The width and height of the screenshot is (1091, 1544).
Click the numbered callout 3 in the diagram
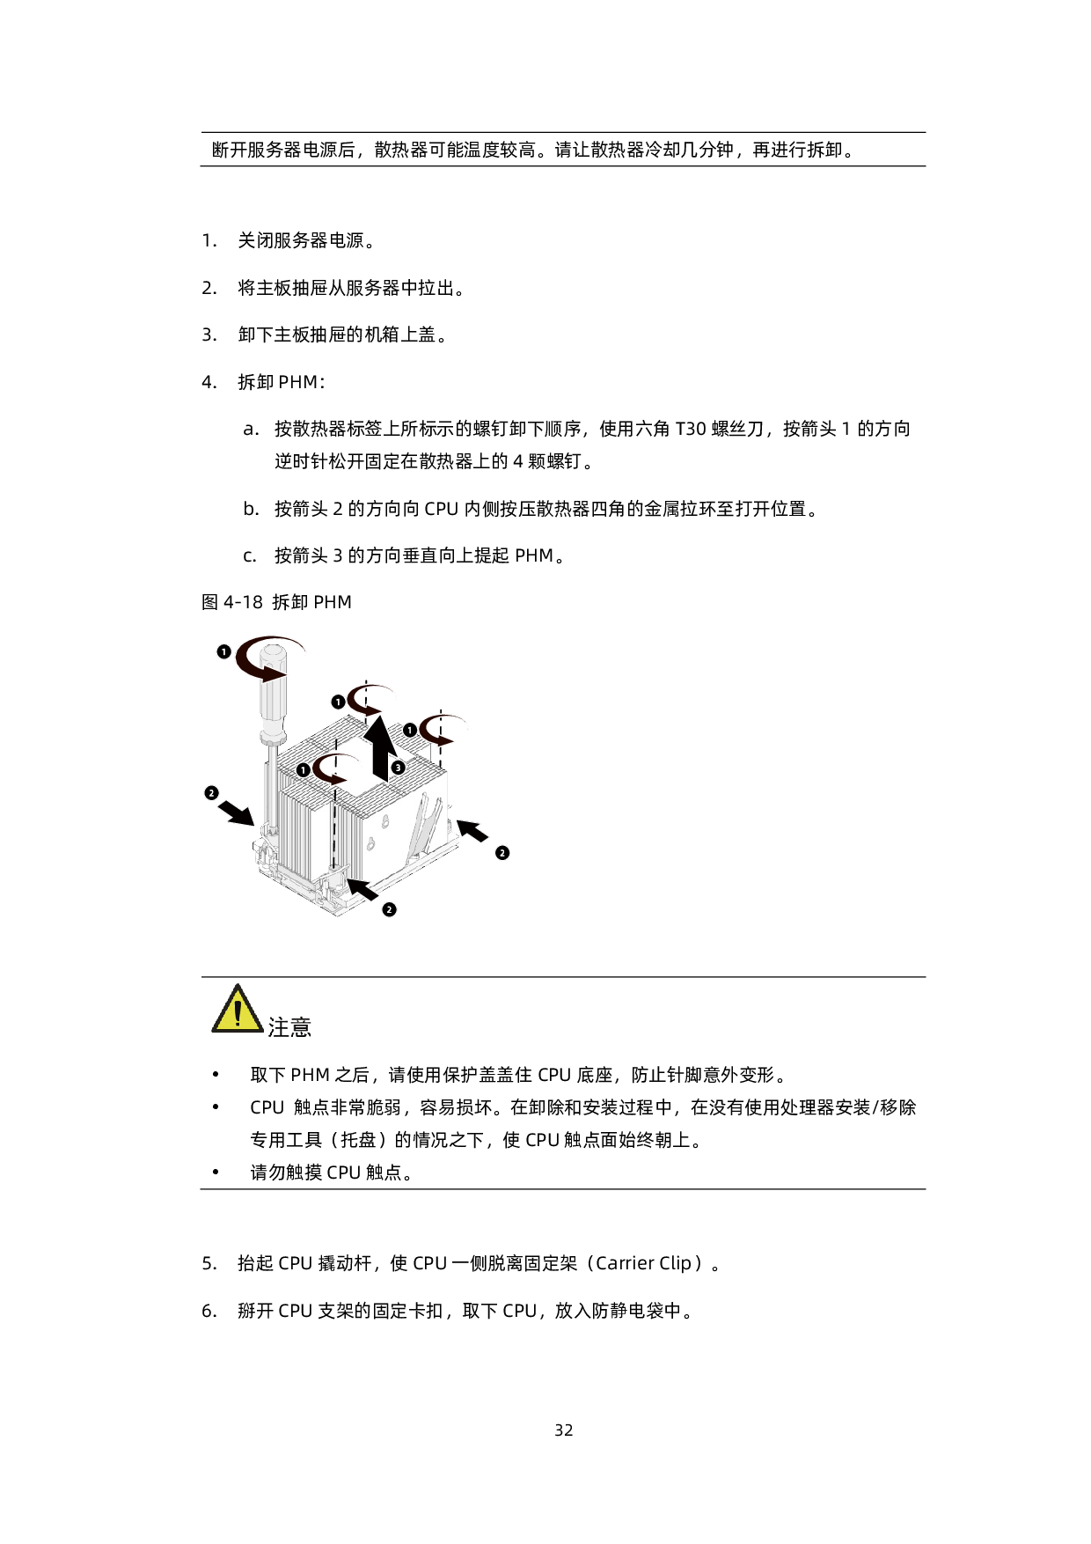(398, 768)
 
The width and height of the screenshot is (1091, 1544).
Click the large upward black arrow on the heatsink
(381, 748)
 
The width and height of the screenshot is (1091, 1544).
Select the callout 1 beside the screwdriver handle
(223, 651)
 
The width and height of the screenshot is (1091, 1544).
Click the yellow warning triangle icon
(238, 1009)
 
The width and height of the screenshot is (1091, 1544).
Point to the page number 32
(564, 1430)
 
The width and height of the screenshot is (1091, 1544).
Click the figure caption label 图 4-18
(232, 602)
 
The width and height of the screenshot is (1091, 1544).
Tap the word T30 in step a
(691, 429)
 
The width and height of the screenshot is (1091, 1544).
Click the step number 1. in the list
(209, 240)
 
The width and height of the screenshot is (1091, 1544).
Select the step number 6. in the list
(209, 1311)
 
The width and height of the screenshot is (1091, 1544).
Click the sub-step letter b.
(252, 509)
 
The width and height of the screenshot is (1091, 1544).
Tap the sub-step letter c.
(251, 556)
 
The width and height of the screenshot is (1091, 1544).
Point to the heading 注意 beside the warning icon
(289, 1027)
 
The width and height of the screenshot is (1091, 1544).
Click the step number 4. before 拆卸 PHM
(209, 382)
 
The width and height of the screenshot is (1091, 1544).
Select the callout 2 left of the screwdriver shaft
(211, 793)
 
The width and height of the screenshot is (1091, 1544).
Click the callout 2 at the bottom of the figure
(389, 909)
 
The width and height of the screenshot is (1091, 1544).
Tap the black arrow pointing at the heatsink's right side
(472, 830)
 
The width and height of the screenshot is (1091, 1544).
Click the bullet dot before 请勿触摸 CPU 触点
(216, 1173)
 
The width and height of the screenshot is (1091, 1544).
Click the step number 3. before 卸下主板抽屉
(209, 335)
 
